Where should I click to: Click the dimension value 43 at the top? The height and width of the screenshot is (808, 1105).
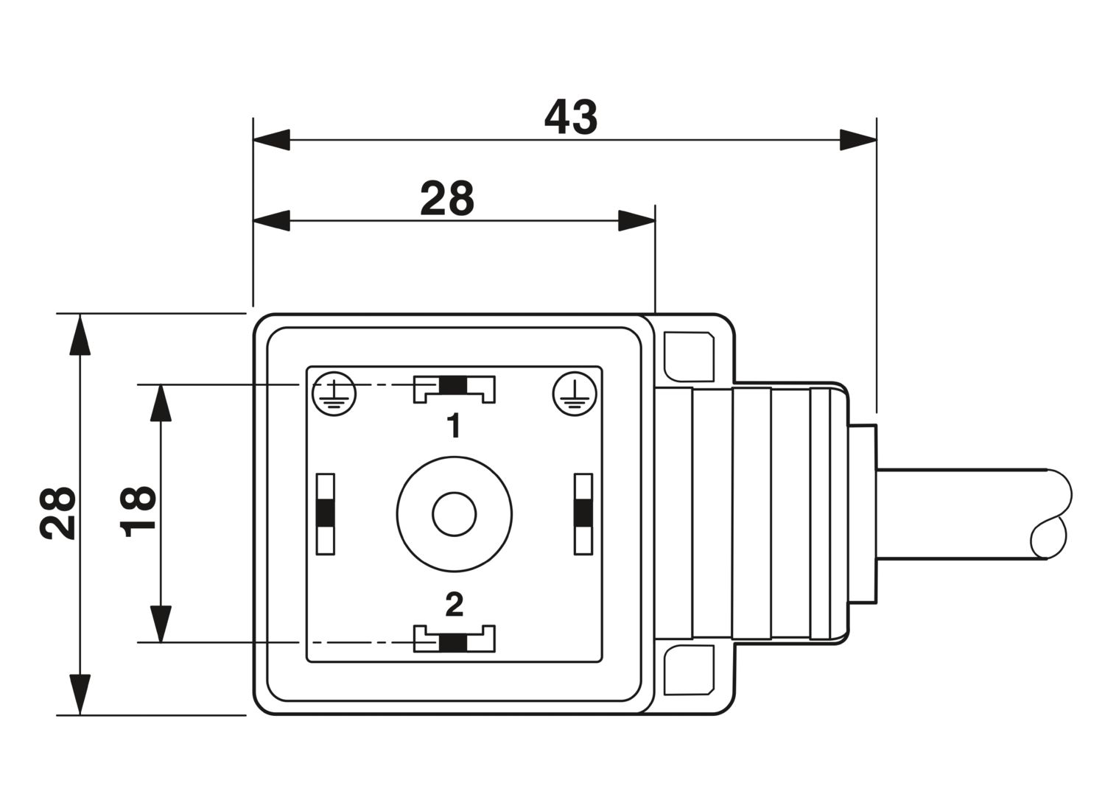click(571, 117)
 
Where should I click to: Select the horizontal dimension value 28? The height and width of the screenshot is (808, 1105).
click(447, 198)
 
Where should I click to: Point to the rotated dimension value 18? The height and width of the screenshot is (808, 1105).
click(139, 510)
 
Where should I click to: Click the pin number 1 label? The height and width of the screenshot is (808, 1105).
click(454, 425)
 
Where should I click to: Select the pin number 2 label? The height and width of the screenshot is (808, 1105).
click(455, 605)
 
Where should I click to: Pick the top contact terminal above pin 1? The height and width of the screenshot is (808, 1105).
click(454, 387)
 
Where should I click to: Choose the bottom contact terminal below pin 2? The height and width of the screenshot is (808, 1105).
click(454, 639)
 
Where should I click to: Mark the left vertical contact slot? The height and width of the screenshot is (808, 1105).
click(325, 513)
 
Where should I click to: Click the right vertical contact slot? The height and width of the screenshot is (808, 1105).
click(583, 513)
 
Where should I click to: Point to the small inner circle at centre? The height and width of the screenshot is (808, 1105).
click(454, 514)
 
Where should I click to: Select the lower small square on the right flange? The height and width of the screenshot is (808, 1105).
click(688, 670)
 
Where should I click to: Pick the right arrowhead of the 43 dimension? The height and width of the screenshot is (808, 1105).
click(858, 140)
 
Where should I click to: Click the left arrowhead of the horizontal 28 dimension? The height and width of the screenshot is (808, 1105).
click(271, 220)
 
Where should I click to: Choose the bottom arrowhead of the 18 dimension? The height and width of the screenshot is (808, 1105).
click(160, 623)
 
